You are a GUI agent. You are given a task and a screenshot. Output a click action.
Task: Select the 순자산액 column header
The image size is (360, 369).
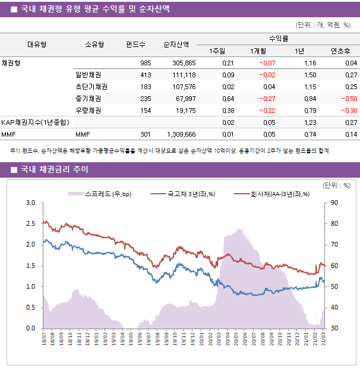coord(176,44)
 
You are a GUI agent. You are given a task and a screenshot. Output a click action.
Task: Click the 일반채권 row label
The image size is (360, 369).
coord(88,75)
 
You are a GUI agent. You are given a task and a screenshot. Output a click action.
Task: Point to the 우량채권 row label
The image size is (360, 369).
coord(88,111)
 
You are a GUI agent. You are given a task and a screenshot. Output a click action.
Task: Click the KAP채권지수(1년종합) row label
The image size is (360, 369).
coord(35,122)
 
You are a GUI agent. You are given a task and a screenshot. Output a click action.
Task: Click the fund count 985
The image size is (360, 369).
coord(145,63)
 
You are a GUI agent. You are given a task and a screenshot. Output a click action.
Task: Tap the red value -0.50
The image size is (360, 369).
coord(348,99)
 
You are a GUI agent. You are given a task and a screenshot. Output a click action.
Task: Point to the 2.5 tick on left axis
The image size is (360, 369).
coord(30,223)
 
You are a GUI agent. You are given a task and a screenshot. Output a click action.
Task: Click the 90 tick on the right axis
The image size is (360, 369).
coord(334,203)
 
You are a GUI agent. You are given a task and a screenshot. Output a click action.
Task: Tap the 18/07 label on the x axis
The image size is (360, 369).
coord(45,339)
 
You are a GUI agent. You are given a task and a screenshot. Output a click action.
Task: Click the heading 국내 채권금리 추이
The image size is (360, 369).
coord(54,170)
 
